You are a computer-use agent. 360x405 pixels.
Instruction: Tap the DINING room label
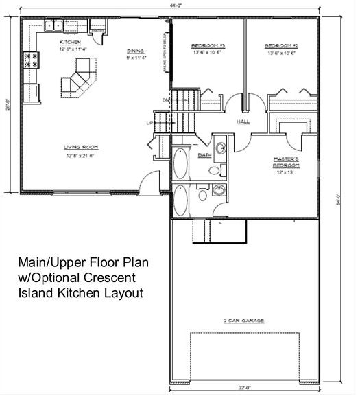pos(135,51)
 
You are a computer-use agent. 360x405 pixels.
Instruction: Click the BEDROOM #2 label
pos(280,45)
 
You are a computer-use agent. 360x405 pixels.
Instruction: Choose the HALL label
pos(243,122)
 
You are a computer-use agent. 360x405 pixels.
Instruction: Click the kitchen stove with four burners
pos(32,60)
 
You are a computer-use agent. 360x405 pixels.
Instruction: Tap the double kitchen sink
pos(54,27)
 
